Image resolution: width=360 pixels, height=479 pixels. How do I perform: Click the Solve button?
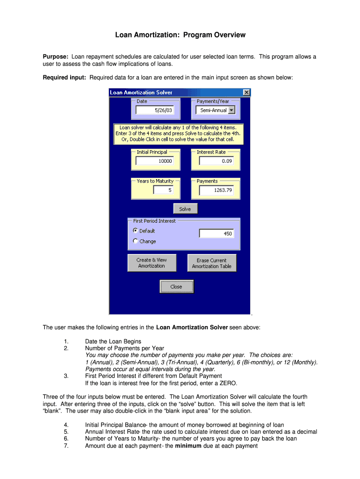[x=185, y=209]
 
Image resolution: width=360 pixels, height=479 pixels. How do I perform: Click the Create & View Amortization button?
[x=151, y=263]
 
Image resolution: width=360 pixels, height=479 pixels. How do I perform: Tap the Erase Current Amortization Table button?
[x=212, y=263]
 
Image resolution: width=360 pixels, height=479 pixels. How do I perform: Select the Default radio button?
[x=136, y=231]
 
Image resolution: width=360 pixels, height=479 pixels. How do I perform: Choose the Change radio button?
[x=136, y=241]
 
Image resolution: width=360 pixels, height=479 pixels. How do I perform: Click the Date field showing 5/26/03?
[x=154, y=110]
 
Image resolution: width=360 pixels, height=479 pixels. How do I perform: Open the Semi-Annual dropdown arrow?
[x=231, y=111]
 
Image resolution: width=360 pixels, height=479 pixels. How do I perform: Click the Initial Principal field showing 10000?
[x=155, y=161]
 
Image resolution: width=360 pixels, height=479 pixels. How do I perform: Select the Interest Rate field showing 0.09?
[x=218, y=161]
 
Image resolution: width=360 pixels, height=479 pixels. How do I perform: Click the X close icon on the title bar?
[x=246, y=92]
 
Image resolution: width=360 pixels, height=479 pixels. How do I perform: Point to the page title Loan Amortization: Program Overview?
[x=180, y=35]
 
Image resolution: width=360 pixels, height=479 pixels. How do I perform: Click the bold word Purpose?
[x=56, y=57]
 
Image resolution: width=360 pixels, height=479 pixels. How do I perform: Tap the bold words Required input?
[x=65, y=78]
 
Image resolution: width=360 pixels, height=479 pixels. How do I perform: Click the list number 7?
[x=66, y=446]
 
